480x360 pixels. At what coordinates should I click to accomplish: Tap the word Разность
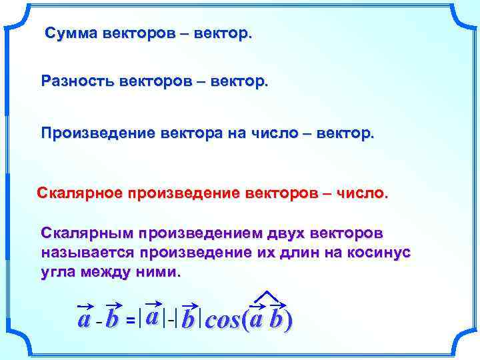coord(77,81)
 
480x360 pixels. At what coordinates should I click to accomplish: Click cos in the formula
coord(223,321)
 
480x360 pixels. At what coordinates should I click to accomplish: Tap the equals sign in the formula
coord(131,321)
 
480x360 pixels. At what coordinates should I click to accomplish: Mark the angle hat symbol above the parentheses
coord(267,297)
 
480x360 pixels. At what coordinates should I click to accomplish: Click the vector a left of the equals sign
coord(84,319)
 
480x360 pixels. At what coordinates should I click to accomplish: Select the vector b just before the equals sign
coord(112,319)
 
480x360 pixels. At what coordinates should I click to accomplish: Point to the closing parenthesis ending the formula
coord(288,321)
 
